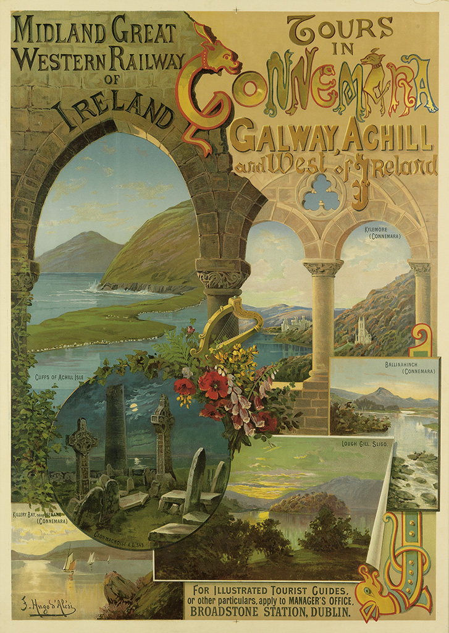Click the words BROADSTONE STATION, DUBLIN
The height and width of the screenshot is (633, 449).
270,611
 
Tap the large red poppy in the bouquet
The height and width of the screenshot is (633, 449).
213,384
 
